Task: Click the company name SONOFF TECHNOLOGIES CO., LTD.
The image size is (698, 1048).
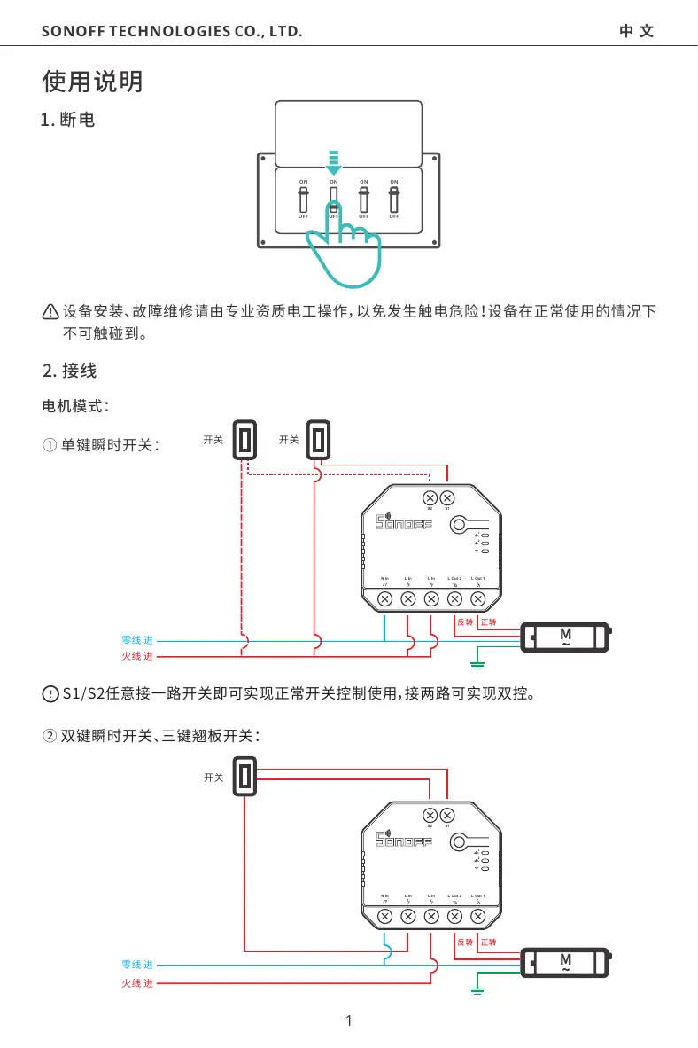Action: [x=172, y=33]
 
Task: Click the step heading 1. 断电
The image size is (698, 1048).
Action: [x=69, y=120]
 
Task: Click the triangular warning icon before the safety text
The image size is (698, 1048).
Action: [x=50, y=311]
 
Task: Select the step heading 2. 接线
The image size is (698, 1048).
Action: [x=69, y=371]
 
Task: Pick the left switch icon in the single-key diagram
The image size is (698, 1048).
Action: [x=244, y=440]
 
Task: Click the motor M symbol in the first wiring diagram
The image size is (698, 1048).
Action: [x=565, y=637]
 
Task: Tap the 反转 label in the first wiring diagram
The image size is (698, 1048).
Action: [x=465, y=622]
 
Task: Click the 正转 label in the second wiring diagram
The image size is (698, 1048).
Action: [x=488, y=942]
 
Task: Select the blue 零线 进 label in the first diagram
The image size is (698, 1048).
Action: [x=137, y=639]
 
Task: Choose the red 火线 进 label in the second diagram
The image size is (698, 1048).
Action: [x=137, y=983]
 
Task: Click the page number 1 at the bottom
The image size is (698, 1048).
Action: [x=349, y=1021]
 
